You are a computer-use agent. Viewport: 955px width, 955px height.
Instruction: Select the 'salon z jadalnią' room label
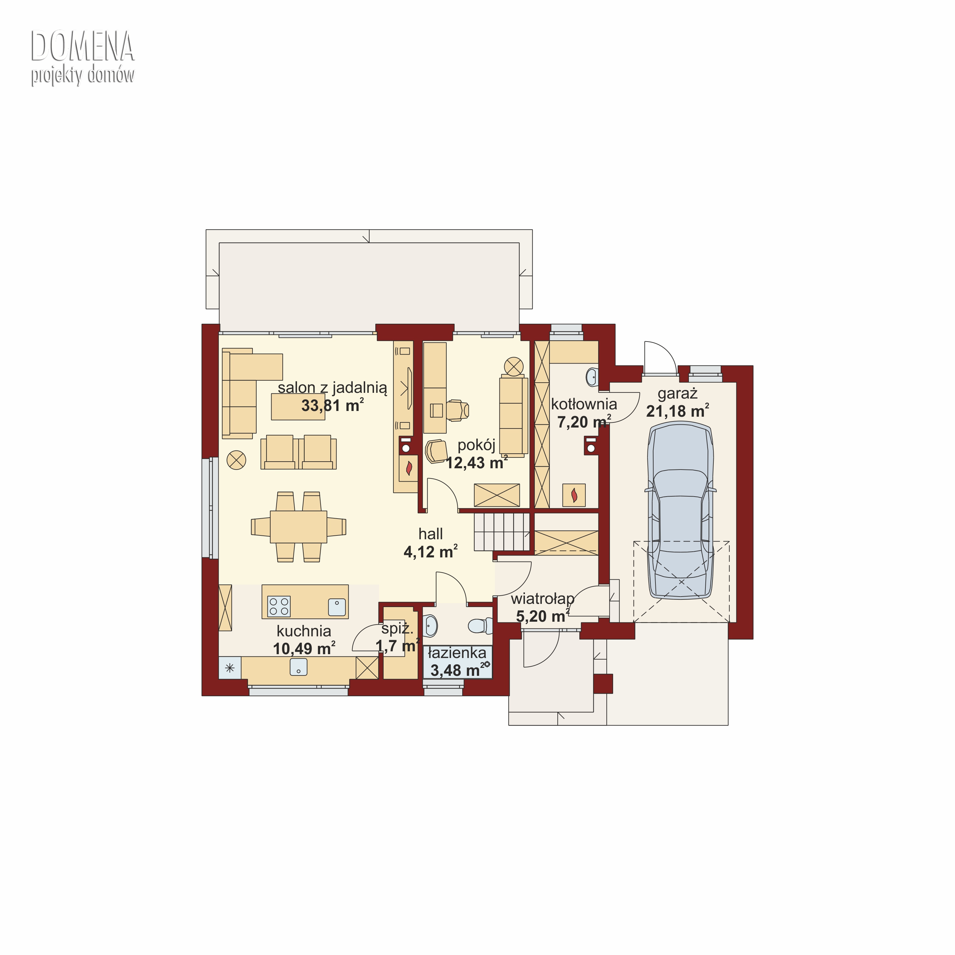(x=332, y=387)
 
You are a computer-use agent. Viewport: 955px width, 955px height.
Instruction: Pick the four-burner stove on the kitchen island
(x=279, y=606)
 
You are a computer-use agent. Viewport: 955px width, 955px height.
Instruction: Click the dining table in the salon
(x=298, y=527)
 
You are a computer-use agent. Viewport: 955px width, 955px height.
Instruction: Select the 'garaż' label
(x=677, y=394)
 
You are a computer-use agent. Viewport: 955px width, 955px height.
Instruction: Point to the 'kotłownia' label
(x=584, y=404)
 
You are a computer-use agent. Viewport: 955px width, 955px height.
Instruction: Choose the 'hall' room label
(x=430, y=534)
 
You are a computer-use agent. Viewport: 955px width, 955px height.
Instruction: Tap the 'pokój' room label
(x=476, y=445)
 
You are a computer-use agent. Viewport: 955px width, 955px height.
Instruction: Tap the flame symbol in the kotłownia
(x=574, y=494)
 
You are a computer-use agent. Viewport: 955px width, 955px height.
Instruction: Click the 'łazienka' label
(x=457, y=653)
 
